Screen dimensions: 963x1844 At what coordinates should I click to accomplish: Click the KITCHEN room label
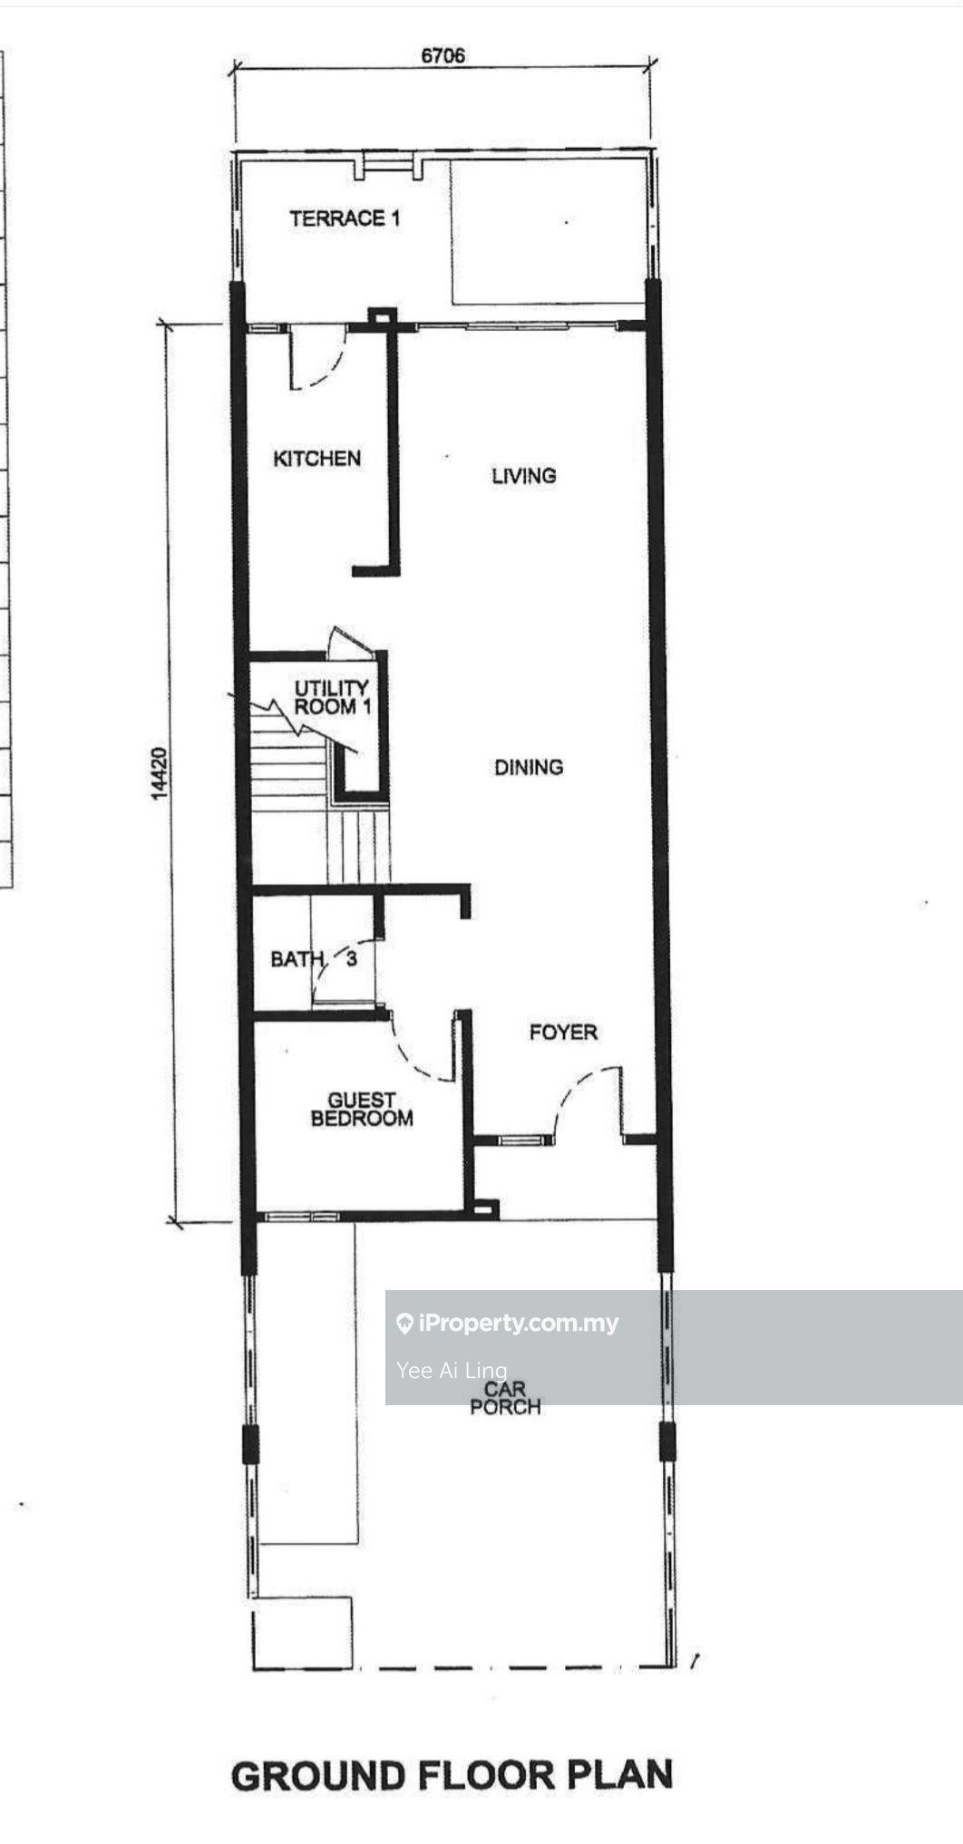(317, 458)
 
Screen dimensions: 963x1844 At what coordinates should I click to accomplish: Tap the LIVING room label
(523, 475)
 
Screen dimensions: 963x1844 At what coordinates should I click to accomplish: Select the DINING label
(529, 767)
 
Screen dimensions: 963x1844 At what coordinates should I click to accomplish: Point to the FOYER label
(563, 1032)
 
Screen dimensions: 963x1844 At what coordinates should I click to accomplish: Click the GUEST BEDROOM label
(362, 1110)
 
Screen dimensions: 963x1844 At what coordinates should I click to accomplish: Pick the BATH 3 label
(314, 958)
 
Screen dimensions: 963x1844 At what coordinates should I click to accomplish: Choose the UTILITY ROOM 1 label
(333, 697)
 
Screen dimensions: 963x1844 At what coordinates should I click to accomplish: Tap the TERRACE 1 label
(345, 218)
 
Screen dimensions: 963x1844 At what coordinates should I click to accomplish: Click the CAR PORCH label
(505, 1398)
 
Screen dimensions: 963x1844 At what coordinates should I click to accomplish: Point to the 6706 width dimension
(443, 55)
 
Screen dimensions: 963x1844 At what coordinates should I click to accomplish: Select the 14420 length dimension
(160, 772)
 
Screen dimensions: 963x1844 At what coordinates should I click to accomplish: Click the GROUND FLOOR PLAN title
(452, 1776)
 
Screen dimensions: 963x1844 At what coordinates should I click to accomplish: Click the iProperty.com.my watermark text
(519, 1323)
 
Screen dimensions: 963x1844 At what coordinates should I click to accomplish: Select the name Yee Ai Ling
(452, 1370)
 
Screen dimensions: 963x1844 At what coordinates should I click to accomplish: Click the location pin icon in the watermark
(405, 1324)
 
